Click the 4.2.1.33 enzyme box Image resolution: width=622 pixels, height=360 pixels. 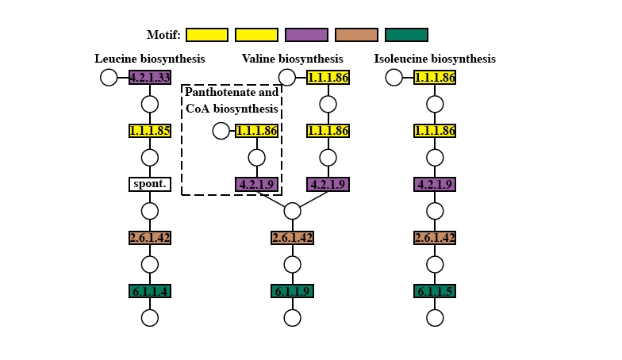tap(150, 77)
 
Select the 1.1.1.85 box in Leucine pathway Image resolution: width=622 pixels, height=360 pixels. tap(150, 131)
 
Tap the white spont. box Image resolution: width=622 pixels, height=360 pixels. tap(150, 184)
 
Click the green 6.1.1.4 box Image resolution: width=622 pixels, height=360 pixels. tap(150, 291)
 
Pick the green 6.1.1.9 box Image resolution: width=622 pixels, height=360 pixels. tap(293, 291)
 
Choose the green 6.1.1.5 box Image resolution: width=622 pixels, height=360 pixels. tap(435, 291)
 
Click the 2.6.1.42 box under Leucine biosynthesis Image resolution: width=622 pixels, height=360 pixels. tap(150, 238)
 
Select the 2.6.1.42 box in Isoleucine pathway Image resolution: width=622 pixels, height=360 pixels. tap(435, 238)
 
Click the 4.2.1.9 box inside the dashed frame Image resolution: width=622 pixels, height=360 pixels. tap(256, 184)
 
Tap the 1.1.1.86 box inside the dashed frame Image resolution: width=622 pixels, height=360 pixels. tap(256, 131)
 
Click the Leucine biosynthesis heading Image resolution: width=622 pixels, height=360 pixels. tap(150, 59)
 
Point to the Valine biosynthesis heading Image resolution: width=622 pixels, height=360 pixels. tap(293, 59)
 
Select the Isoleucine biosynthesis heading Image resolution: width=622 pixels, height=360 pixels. tap(435, 59)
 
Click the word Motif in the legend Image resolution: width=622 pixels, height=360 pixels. tap(163, 35)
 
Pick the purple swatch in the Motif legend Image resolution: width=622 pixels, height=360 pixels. tap(306, 35)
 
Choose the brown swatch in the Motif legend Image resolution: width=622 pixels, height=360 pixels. tap(356, 35)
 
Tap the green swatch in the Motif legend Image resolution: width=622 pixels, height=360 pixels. tap(406, 35)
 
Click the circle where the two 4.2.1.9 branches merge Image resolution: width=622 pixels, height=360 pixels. tap(293, 211)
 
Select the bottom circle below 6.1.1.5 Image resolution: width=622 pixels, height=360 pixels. tap(435, 318)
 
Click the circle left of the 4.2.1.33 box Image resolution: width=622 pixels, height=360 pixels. tap(109, 77)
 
